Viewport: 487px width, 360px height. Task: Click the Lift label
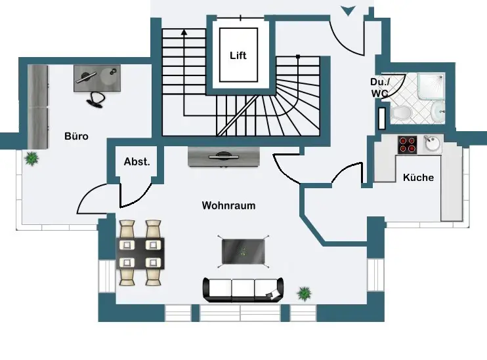pos(238,56)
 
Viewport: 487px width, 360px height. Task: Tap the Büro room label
pos(76,136)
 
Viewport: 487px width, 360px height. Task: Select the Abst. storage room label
pos(137,161)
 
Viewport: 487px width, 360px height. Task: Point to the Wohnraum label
pos(228,205)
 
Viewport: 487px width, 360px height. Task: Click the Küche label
pos(418,177)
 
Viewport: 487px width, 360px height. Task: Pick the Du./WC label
pos(379,88)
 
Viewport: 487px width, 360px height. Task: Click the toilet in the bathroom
pos(402,114)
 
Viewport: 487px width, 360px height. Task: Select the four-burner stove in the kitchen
pos(407,144)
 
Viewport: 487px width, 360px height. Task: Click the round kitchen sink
pos(432,144)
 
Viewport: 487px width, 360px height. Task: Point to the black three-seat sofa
pos(243,289)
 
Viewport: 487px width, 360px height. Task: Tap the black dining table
pos(140,253)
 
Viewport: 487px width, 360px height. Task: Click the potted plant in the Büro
pos(31,158)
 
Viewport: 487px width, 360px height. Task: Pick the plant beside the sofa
pos(304,293)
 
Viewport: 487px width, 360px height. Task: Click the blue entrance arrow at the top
pos(347,10)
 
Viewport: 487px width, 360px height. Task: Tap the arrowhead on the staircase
pos(184,31)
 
